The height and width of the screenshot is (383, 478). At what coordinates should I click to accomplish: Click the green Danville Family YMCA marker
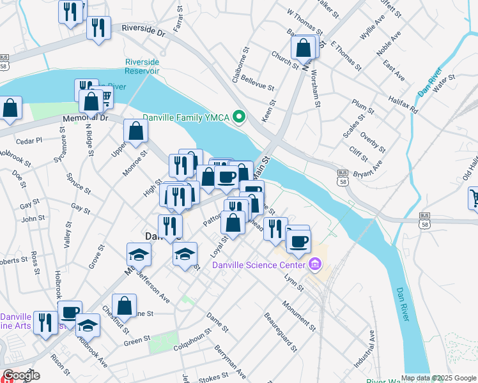tap(240, 117)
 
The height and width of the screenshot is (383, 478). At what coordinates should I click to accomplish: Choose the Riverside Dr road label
tap(143, 31)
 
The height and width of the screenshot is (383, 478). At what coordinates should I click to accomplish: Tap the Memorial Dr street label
tap(86, 118)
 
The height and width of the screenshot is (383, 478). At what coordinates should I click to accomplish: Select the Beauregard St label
tap(281, 332)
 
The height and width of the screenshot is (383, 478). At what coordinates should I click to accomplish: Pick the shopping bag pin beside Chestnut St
tap(124, 306)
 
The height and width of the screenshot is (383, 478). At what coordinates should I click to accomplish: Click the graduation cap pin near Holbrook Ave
tap(88, 326)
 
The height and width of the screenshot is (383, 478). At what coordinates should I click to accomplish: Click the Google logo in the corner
tap(21, 376)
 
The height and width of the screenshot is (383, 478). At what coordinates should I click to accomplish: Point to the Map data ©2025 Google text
tap(438, 379)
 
